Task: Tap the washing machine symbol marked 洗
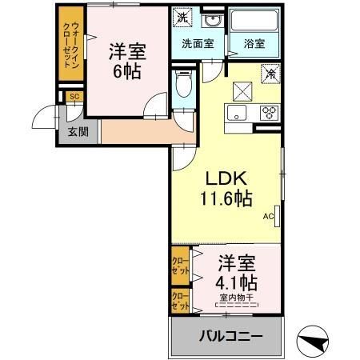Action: [x=182, y=18]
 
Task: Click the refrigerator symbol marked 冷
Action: [x=271, y=74]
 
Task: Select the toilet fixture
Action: [x=182, y=86]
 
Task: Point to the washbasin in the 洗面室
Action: [x=211, y=22]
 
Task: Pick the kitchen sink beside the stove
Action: [x=238, y=112]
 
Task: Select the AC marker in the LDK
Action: [x=268, y=216]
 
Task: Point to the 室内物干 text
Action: [x=235, y=298]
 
